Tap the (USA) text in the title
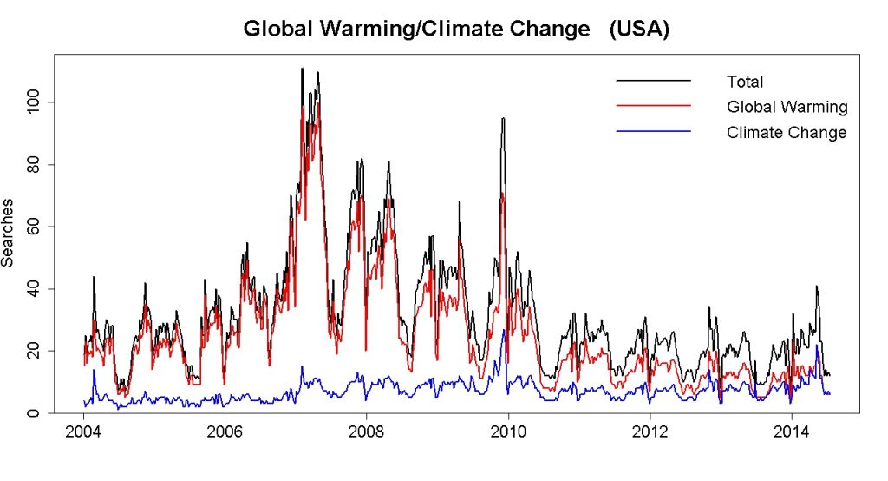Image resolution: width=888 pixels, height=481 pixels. click(638, 29)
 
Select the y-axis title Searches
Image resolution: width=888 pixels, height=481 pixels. click(8, 235)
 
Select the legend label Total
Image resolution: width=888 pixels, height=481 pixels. click(745, 82)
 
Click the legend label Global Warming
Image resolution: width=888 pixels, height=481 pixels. click(787, 107)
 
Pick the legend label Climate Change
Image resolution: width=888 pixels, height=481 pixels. click(786, 132)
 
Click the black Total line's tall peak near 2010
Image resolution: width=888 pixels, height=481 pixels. click(503, 119)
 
